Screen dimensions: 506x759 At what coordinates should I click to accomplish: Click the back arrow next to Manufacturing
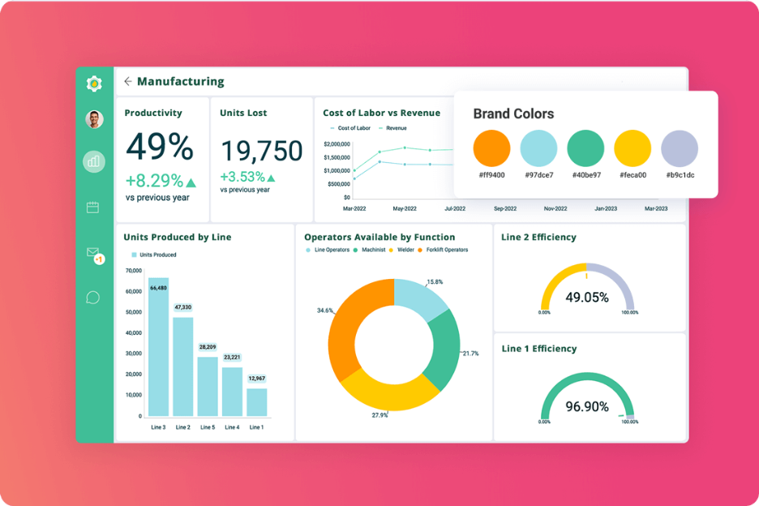tap(128, 82)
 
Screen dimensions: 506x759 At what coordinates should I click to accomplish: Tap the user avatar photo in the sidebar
tap(94, 120)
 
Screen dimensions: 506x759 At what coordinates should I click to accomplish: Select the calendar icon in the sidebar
tap(93, 208)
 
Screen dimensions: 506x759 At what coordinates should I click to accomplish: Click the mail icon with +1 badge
tap(93, 254)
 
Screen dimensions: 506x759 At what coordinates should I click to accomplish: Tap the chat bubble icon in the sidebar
tap(93, 298)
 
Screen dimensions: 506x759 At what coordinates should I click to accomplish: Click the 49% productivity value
tap(160, 148)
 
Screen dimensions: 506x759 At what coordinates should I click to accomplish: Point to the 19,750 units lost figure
tap(261, 151)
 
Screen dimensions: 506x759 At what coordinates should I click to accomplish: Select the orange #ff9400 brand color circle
tap(491, 149)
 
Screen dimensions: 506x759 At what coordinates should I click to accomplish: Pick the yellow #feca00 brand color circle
tap(632, 149)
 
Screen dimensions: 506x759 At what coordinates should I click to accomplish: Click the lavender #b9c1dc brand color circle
tap(680, 149)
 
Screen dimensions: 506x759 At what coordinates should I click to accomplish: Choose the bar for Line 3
tap(158, 349)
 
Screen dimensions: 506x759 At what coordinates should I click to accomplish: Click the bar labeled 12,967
tap(257, 402)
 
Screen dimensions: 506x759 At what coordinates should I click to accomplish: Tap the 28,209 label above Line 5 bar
tap(208, 347)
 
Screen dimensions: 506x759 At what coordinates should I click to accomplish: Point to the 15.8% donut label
tap(435, 282)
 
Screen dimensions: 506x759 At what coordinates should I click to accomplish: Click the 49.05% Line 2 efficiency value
tap(587, 298)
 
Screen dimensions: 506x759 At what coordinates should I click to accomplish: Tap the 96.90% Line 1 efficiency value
tap(587, 406)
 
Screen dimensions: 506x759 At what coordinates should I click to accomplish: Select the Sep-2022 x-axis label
tap(505, 208)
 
